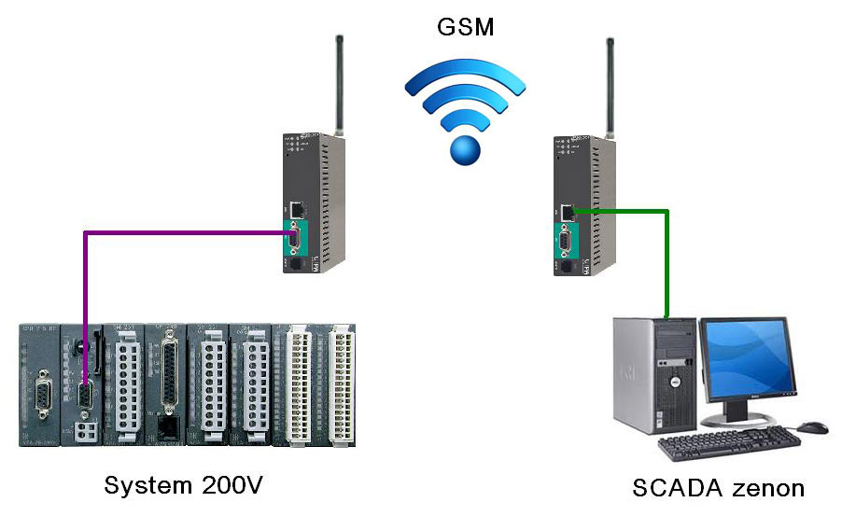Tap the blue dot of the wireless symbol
click(464, 148)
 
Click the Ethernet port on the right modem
click(566, 210)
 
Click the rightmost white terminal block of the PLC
click(341, 384)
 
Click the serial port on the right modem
click(566, 244)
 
